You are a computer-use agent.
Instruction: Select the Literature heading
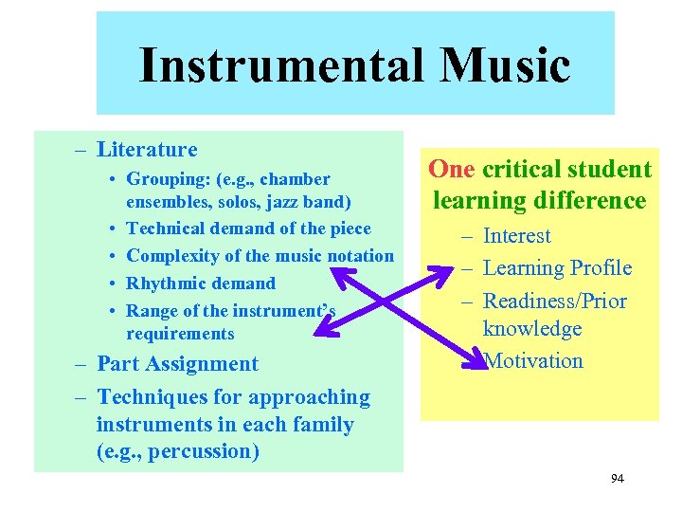(147, 149)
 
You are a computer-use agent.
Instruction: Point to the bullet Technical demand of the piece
(248, 229)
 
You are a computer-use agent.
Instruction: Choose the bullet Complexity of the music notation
(260, 256)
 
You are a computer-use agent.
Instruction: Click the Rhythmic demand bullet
(201, 283)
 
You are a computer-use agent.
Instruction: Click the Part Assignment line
(178, 364)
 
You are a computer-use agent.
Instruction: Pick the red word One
(452, 170)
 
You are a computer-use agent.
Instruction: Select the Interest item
(516, 236)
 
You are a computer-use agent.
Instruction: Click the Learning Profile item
(557, 268)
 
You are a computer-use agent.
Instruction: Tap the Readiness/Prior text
(554, 301)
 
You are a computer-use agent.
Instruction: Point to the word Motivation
(534, 361)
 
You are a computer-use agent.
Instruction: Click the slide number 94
(617, 479)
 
